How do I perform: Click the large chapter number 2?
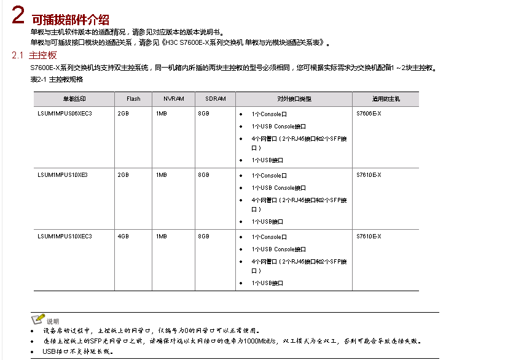coord(18,15)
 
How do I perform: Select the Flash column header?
coord(133,99)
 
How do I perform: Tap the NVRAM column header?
coord(173,99)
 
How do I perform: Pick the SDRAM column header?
coord(216,99)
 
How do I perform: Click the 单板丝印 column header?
coord(74,99)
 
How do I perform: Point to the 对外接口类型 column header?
coord(294,99)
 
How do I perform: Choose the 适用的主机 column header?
coord(386,99)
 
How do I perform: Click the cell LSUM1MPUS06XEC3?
coord(65,114)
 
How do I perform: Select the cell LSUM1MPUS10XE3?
coord(63,175)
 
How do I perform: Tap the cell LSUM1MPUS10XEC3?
coord(65,237)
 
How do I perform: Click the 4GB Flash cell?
coord(123,237)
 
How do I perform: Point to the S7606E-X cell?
coord(369,114)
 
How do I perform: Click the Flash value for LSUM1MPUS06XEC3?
coord(123,114)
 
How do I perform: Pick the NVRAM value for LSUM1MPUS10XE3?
coord(161,175)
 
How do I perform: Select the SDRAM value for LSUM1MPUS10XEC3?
coord(203,237)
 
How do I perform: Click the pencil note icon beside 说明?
coord(37,319)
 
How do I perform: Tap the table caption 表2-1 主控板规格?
coord(57,79)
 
